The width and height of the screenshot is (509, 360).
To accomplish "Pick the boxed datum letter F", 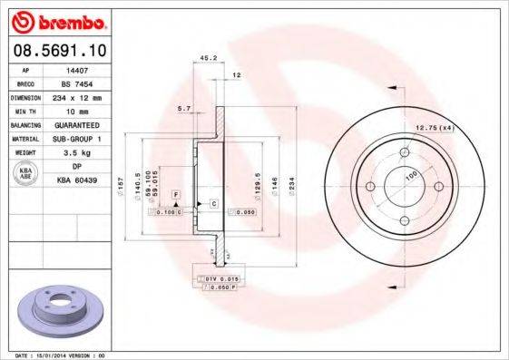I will tap(175, 195).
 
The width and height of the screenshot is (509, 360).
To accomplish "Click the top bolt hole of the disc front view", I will tap(404, 151).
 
